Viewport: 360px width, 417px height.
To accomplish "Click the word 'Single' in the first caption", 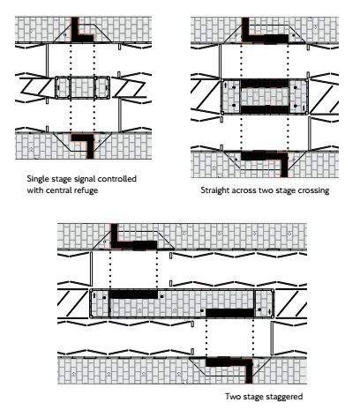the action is coord(36,179).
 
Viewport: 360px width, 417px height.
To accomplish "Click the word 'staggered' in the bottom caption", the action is coord(284,397).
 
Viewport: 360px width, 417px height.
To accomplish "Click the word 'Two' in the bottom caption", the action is coord(231,397).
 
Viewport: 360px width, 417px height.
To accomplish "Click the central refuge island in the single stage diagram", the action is coord(82,88).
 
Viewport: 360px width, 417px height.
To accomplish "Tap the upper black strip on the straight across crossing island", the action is coord(265,83).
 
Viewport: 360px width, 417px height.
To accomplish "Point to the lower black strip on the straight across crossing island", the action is coord(265,109).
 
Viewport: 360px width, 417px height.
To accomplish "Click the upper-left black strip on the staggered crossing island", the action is coord(133,294).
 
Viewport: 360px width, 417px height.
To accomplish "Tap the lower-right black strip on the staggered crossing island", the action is coord(229,313).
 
